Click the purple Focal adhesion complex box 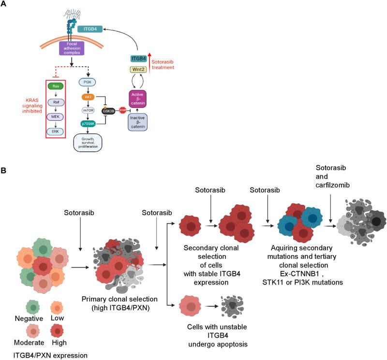pyautogui.click(x=73, y=47)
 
